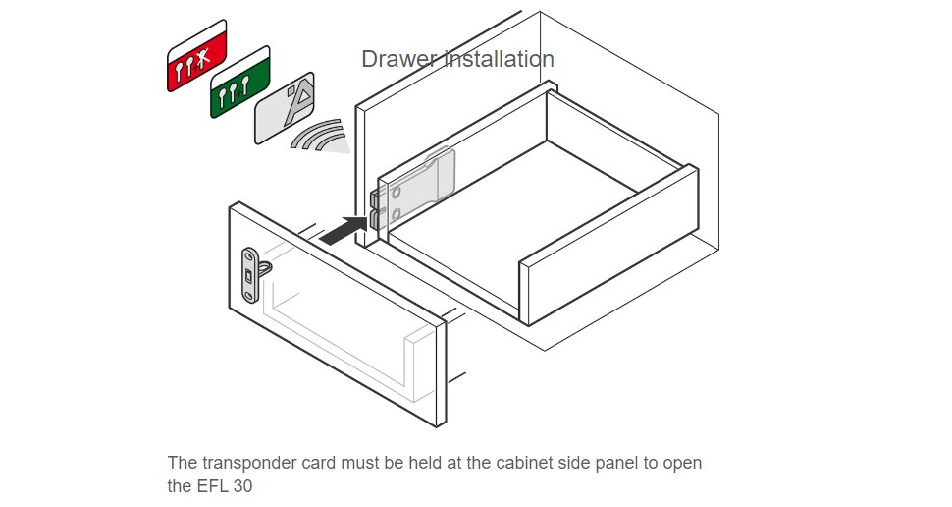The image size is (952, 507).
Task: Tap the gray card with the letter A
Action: pos(284,109)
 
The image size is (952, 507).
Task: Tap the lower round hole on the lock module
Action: pos(395,213)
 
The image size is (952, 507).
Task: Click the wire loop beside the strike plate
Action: pos(266,264)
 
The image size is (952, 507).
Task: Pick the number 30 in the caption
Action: pos(241,485)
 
